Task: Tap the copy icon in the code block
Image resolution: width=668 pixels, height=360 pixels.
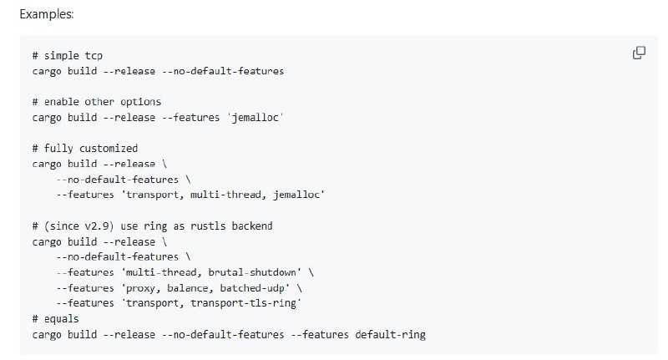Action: pyautogui.click(x=639, y=53)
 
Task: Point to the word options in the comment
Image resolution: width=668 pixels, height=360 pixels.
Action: pyautogui.click(x=141, y=102)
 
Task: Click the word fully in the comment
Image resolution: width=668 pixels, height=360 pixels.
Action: pyautogui.click(x=58, y=148)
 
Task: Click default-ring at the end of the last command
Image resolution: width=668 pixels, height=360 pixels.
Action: pyautogui.click(x=390, y=335)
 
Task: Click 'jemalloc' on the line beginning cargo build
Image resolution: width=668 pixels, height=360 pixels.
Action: pyautogui.click(x=255, y=117)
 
